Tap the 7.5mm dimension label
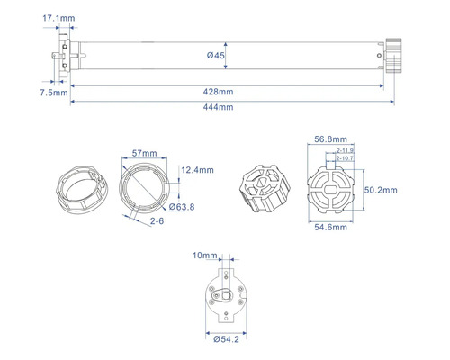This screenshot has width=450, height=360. (53, 92)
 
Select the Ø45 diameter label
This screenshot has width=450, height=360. (215, 56)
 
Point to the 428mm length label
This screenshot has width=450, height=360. (219, 91)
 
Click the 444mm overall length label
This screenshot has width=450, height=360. (219, 107)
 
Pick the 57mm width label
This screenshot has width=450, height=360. (144, 154)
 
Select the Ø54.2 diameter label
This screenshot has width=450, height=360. (225, 340)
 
